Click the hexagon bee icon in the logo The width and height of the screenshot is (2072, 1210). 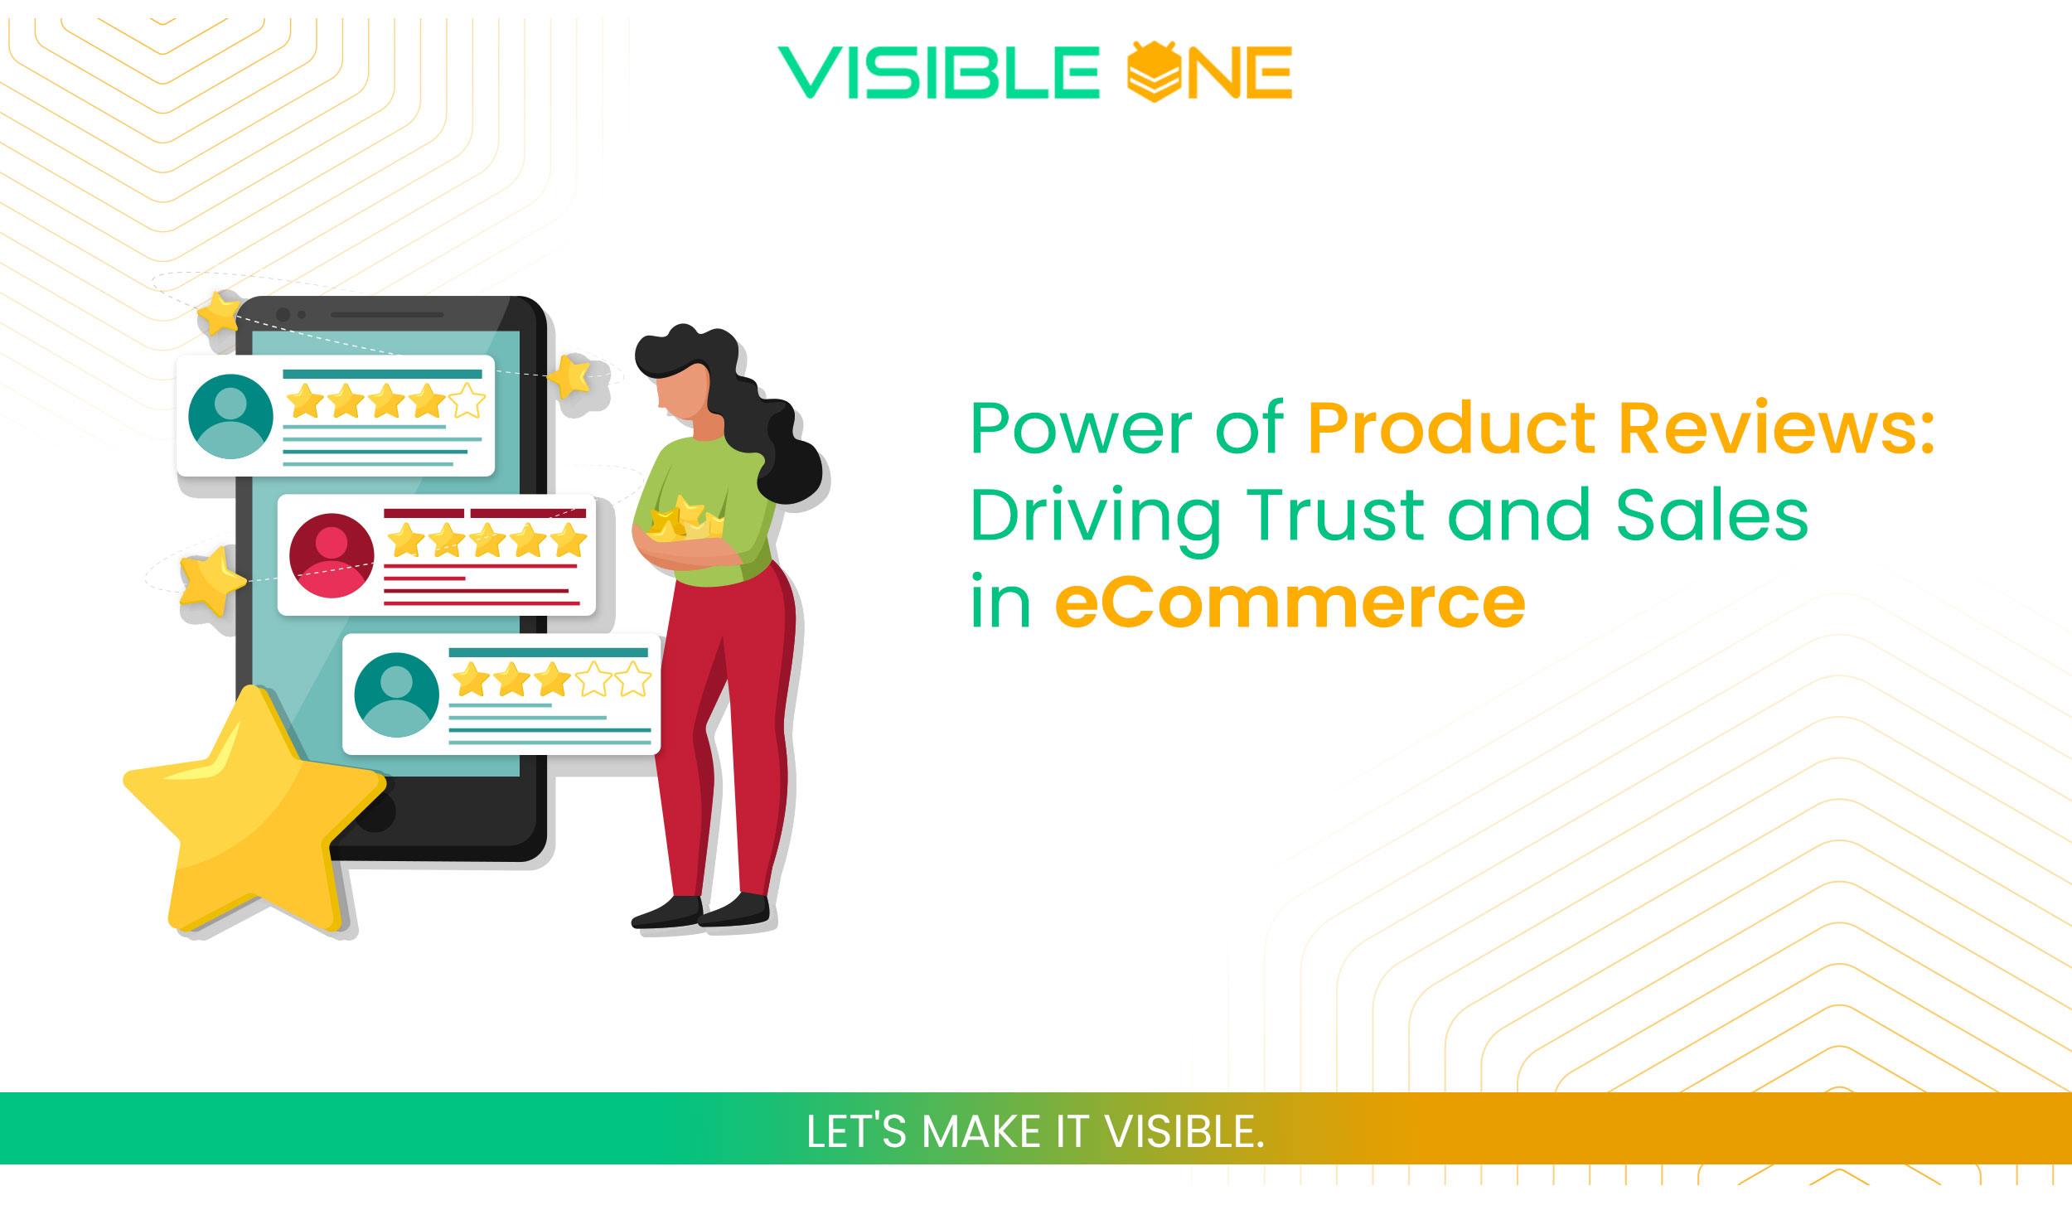[x=1154, y=72]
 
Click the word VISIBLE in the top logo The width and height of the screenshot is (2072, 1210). [x=938, y=73]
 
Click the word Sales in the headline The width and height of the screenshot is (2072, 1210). [x=1711, y=515]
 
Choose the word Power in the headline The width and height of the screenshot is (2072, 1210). [x=1080, y=428]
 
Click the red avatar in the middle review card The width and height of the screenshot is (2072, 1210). [x=331, y=555]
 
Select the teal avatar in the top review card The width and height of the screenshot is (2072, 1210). [x=230, y=416]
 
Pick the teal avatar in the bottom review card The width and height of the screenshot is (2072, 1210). [x=396, y=695]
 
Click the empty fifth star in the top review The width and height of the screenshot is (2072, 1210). [x=467, y=400]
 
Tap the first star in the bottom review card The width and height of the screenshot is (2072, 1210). [x=471, y=680]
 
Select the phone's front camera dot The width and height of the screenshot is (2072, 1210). [x=283, y=315]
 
